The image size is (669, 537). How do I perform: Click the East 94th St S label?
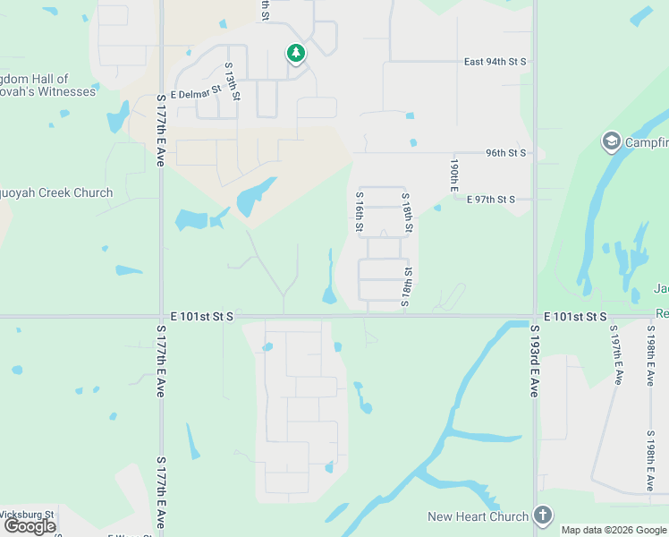495,62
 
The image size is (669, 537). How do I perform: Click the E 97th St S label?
490,199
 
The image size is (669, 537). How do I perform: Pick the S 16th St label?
360,212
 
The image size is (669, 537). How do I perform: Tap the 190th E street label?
454,175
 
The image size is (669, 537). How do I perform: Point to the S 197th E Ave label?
616,355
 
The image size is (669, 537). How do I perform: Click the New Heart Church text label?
478,516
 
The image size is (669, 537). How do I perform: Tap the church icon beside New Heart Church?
542,515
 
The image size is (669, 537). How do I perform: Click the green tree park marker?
295,54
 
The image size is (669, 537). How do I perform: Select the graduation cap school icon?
612,141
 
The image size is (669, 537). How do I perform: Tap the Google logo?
30,526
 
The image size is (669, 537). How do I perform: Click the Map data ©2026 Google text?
614,530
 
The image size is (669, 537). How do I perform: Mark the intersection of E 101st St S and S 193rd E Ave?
535,317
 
